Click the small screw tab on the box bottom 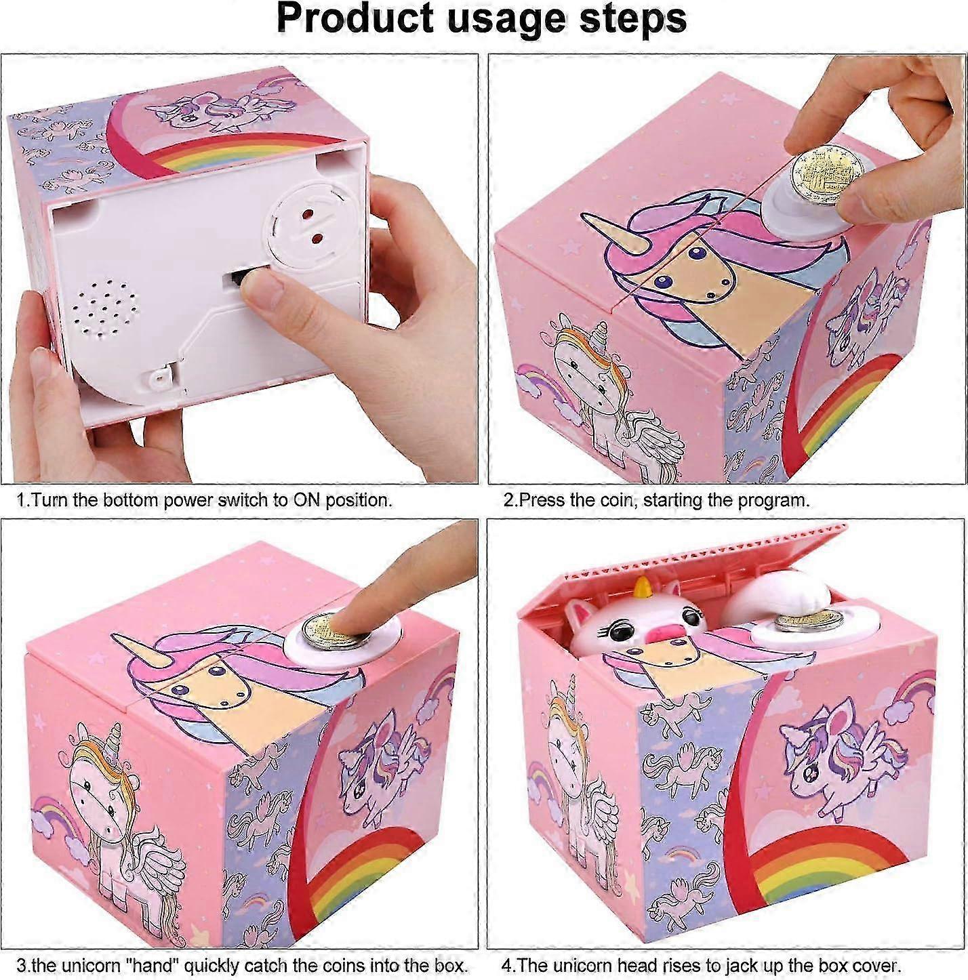pos(159,378)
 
